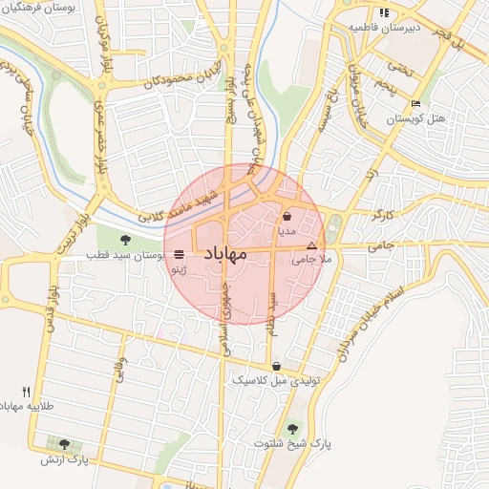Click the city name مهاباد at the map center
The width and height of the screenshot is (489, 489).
(x=225, y=253)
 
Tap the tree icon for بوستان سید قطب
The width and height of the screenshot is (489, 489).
(x=126, y=239)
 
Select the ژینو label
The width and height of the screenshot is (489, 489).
(x=179, y=271)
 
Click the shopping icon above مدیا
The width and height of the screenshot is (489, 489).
(x=287, y=217)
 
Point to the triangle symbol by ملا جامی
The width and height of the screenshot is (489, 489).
(x=310, y=245)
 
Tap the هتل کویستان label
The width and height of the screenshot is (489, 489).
(x=416, y=119)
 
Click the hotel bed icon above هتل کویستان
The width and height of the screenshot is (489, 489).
(x=415, y=103)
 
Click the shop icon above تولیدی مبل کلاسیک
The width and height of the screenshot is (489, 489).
(x=276, y=366)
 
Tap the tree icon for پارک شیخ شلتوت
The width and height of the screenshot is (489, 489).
(x=291, y=428)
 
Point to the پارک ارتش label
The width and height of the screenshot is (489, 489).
(x=64, y=459)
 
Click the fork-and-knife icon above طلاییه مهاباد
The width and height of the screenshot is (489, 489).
(x=26, y=392)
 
